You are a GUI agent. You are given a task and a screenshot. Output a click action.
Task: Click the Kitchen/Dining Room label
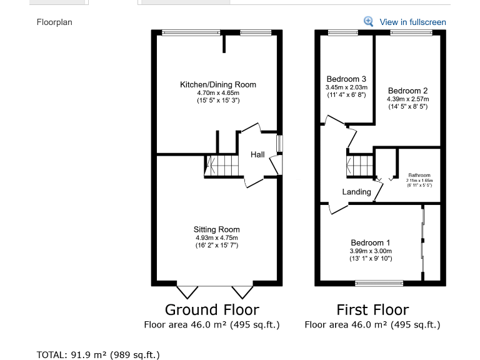coord(217,84)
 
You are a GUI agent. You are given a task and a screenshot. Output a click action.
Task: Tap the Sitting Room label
coord(216,229)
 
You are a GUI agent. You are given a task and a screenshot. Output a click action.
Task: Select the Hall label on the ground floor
coord(258,154)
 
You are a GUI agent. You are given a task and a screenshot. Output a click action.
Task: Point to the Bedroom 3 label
coord(346,79)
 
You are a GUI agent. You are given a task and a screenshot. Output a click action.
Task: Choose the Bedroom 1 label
coord(371,242)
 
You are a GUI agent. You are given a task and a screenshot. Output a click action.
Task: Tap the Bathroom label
coord(419,176)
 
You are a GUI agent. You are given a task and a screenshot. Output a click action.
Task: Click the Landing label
coord(356,192)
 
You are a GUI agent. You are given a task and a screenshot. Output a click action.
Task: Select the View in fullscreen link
coord(412,22)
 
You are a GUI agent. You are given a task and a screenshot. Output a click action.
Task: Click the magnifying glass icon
coord(369,21)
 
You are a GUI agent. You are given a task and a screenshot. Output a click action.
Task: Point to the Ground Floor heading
coord(212,309)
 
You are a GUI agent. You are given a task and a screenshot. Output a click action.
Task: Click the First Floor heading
coord(372,309)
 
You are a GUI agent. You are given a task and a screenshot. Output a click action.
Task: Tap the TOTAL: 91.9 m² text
coord(98,354)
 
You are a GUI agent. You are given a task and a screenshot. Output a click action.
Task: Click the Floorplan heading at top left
coord(55,22)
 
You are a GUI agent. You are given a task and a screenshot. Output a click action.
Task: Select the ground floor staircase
coord(222,166)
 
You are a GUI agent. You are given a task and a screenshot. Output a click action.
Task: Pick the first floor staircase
coord(361,166)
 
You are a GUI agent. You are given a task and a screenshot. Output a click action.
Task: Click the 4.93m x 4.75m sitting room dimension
coord(216,237)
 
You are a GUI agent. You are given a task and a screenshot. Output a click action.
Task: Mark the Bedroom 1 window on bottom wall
coord(379,283)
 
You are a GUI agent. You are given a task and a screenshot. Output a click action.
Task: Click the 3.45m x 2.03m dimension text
coord(347,87)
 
